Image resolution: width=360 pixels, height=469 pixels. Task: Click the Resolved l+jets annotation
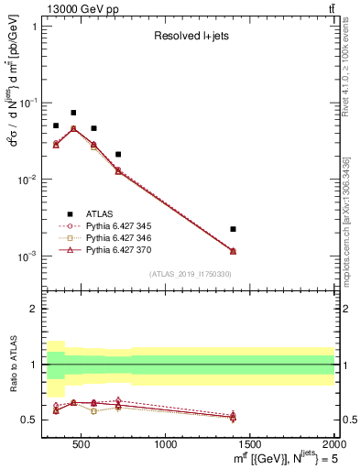pos(190,37)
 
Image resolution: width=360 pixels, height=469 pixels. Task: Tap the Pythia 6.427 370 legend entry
pos(124,248)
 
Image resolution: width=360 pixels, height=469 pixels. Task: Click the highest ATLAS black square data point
pos(73,113)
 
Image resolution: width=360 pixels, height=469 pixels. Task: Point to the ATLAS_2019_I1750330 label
pos(190,274)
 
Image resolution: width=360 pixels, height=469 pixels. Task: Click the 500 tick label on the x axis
pos(81,446)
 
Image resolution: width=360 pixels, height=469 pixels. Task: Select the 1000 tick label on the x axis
pos(166,446)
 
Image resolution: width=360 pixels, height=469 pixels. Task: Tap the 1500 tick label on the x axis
pos(250,446)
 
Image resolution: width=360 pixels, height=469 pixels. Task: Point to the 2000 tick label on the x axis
pos(333,446)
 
